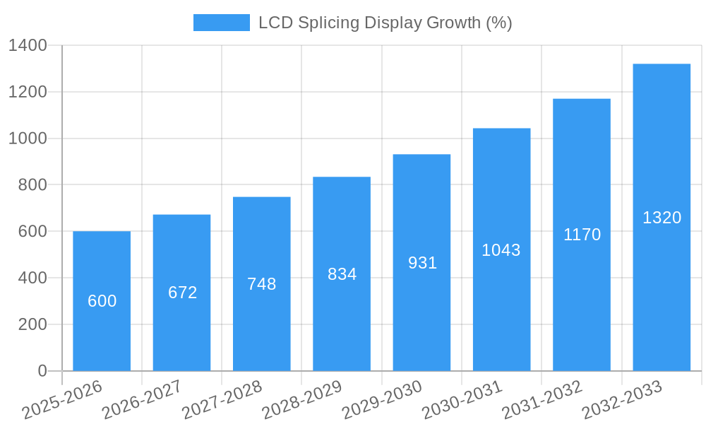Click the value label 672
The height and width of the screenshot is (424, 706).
point(182,293)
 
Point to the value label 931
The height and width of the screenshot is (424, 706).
point(422,263)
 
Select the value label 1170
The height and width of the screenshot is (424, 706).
point(582,235)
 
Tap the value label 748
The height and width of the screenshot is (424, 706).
point(262,284)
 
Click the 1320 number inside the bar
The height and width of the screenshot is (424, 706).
point(662,218)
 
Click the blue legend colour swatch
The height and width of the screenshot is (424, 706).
point(221,23)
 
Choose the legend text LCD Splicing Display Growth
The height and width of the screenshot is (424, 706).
point(385,23)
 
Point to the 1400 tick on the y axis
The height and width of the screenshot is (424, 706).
point(28,46)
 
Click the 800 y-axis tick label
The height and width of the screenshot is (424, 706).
point(32,185)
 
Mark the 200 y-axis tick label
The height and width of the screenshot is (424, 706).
point(32,324)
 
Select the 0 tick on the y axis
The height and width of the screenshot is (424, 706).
point(42,371)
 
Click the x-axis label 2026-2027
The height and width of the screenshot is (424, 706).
point(141,400)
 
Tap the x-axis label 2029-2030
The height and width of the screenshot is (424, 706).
point(381,400)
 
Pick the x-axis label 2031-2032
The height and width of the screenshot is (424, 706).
point(542,400)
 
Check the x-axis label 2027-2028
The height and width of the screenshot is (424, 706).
point(222,400)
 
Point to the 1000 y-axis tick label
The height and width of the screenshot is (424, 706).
point(28,139)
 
